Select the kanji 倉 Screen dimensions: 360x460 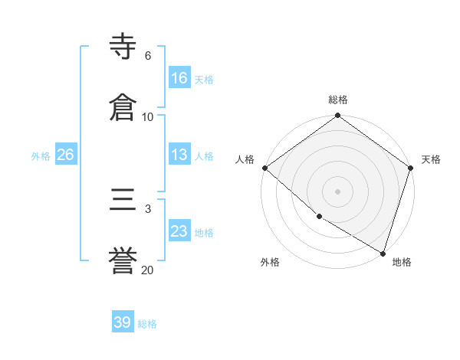[123, 107]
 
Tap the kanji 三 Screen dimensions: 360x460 [123, 201]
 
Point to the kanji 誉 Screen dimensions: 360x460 [123, 261]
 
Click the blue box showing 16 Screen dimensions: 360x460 [179, 78]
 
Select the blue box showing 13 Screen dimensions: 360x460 [179, 155]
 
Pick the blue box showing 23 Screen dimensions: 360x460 [179, 231]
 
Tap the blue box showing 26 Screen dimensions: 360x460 [65, 155]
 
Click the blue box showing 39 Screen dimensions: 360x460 [123, 322]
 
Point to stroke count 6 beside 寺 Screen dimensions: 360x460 [147, 56]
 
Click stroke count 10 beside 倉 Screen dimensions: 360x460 [147, 117]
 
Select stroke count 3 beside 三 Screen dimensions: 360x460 [147, 209]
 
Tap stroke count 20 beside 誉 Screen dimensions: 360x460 [147, 270]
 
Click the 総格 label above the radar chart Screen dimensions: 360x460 [337, 100]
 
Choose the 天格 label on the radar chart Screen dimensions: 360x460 [431, 159]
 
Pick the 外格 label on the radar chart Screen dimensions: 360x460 [270, 262]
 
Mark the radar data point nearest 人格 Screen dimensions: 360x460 [264, 168]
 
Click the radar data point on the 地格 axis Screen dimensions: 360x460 [383, 253]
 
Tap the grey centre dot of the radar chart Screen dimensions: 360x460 [337, 191]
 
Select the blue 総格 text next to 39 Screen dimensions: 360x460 [147, 323]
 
